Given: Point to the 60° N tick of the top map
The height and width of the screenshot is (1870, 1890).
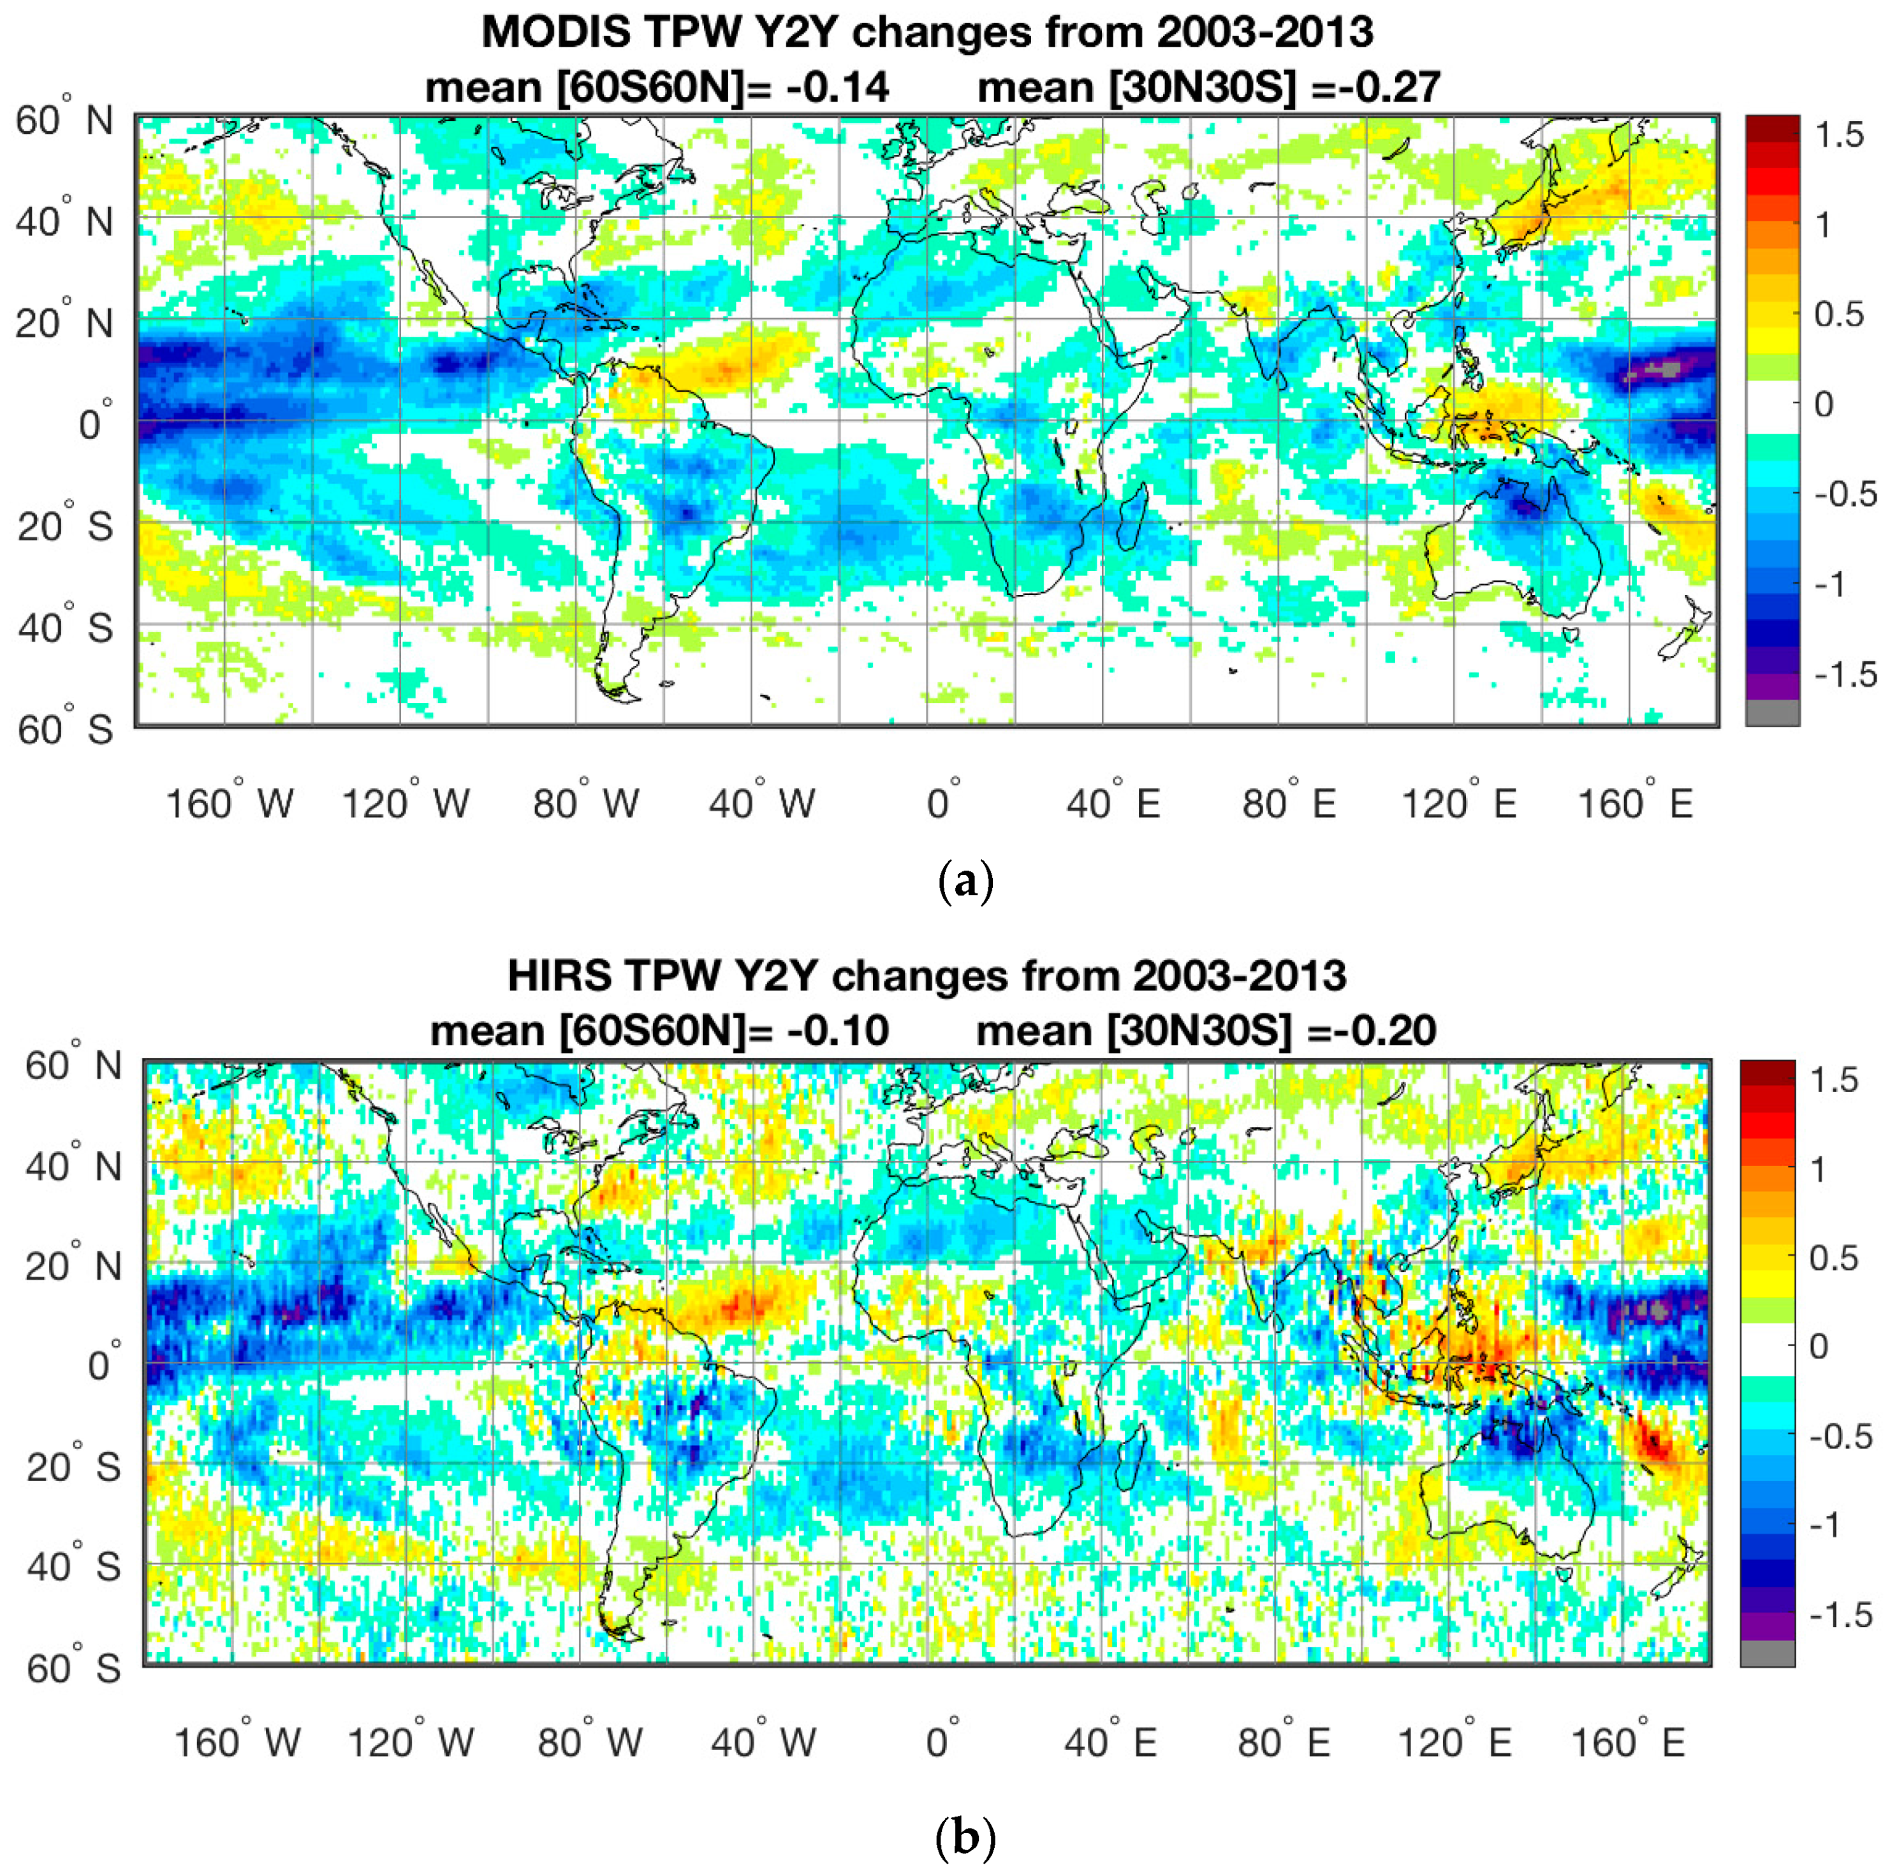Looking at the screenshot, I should (64, 121).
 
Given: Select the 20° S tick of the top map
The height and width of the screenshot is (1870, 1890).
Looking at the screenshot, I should (64, 526).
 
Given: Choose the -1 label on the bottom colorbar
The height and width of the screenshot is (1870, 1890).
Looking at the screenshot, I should (1826, 1524).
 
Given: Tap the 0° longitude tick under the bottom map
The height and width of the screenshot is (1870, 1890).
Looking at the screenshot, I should (942, 1742).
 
